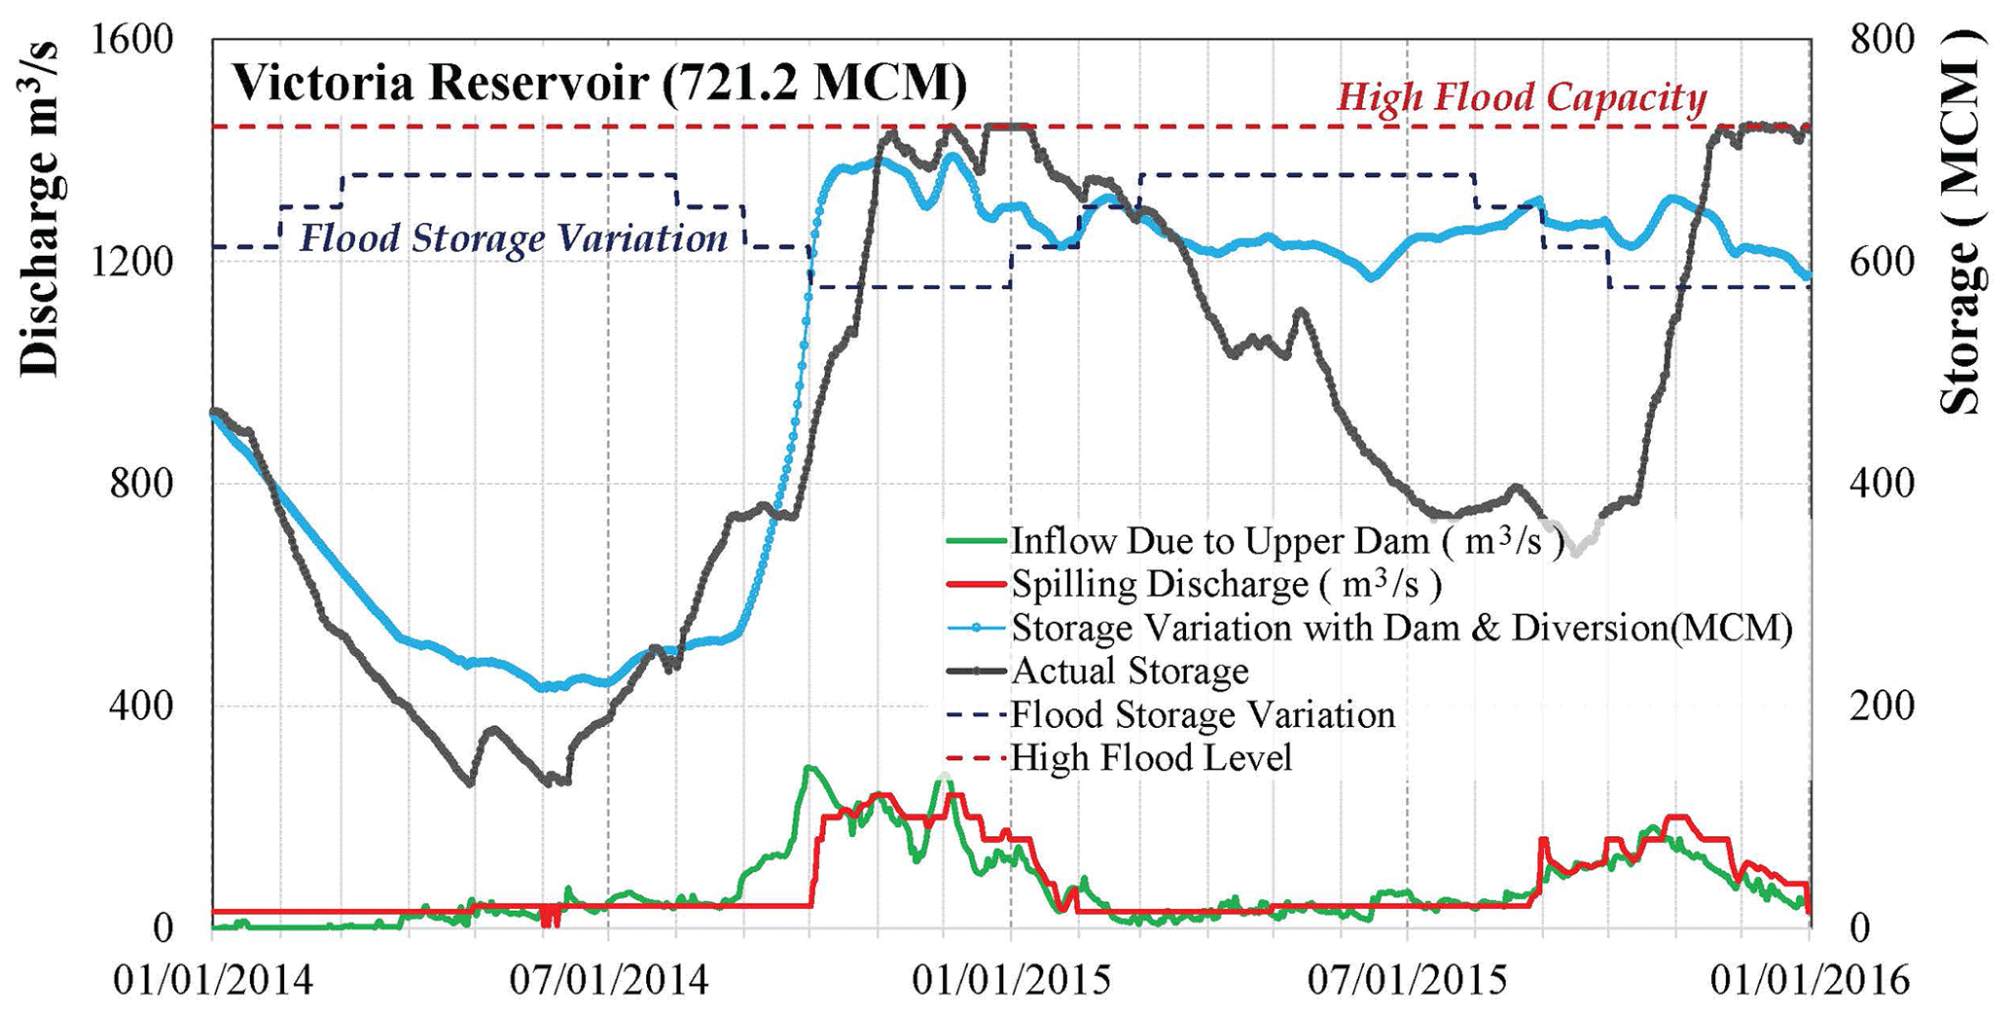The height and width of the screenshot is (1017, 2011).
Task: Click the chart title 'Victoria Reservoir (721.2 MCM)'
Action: point(598,83)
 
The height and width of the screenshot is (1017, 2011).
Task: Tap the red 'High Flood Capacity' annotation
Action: point(1522,97)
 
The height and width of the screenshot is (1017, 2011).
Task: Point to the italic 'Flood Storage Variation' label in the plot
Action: point(513,238)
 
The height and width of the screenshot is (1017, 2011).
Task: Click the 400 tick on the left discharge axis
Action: point(140,706)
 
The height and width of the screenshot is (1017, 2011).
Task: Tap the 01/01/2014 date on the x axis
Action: point(213,979)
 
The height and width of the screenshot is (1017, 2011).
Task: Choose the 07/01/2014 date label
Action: point(610,979)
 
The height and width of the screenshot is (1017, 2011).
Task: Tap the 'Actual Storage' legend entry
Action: point(1130,671)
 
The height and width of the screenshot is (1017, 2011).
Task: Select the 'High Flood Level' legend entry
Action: point(1151,757)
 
